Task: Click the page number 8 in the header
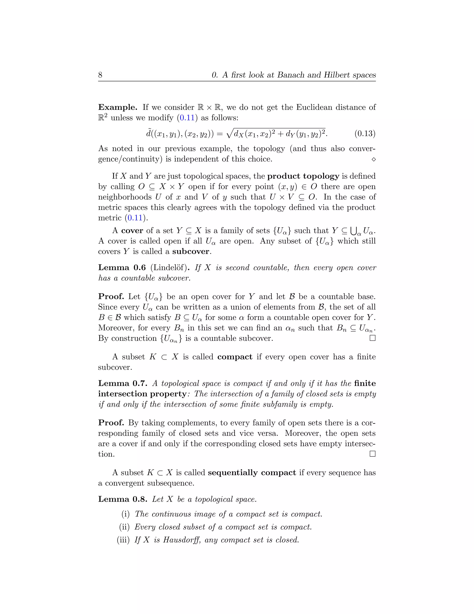point(100,75)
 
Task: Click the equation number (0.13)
point(365,133)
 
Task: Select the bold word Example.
point(117,108)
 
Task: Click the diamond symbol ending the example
point(374,159)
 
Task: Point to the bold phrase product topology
point(303,176)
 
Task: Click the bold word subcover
point(191,252)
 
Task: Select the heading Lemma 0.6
point(122,268)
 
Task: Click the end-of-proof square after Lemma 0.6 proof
point(373,338)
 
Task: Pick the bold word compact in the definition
point(235,357)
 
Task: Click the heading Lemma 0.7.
point(123,383)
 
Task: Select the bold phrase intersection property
point(142,394)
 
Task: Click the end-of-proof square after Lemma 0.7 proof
point(373,454)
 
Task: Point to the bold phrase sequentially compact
point(252,473)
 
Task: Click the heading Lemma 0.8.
point(123,499)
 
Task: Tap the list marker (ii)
point(124,527)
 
